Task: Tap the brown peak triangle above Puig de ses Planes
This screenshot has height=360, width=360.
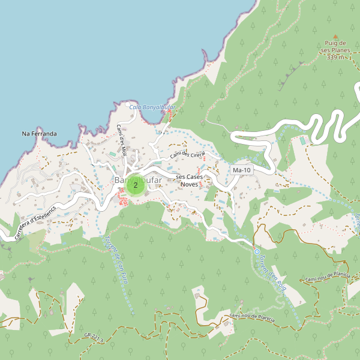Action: coord(335,36)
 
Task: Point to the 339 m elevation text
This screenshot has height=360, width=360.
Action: coord(336,58)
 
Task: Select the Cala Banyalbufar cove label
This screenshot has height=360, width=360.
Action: coord(148,107)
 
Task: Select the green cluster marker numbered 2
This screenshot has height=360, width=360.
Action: coord(136,185)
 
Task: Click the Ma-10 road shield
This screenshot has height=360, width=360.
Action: coord(241,171)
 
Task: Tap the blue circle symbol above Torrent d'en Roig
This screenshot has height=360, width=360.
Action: coord(257,252)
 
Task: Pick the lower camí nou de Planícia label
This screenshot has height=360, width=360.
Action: coord(251,316)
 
